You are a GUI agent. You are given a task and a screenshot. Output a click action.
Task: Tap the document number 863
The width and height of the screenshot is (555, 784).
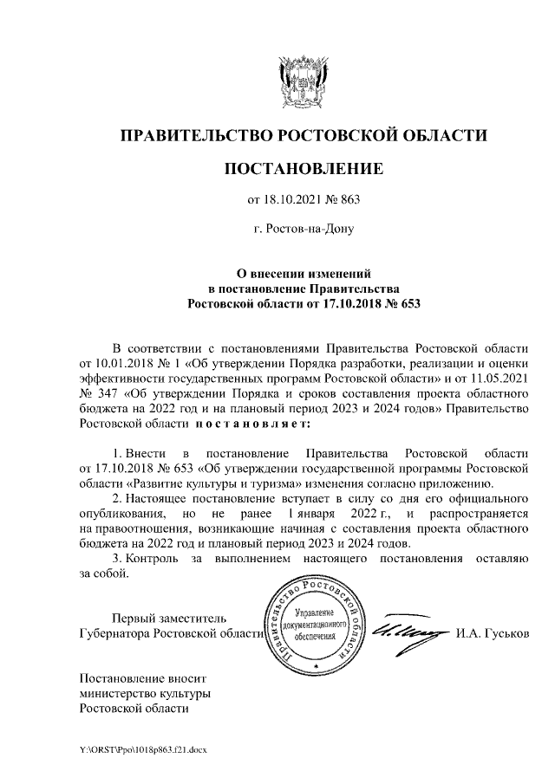coord(348,200)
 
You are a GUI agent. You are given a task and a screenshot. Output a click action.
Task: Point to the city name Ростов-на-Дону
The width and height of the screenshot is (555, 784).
coord(304,230)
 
